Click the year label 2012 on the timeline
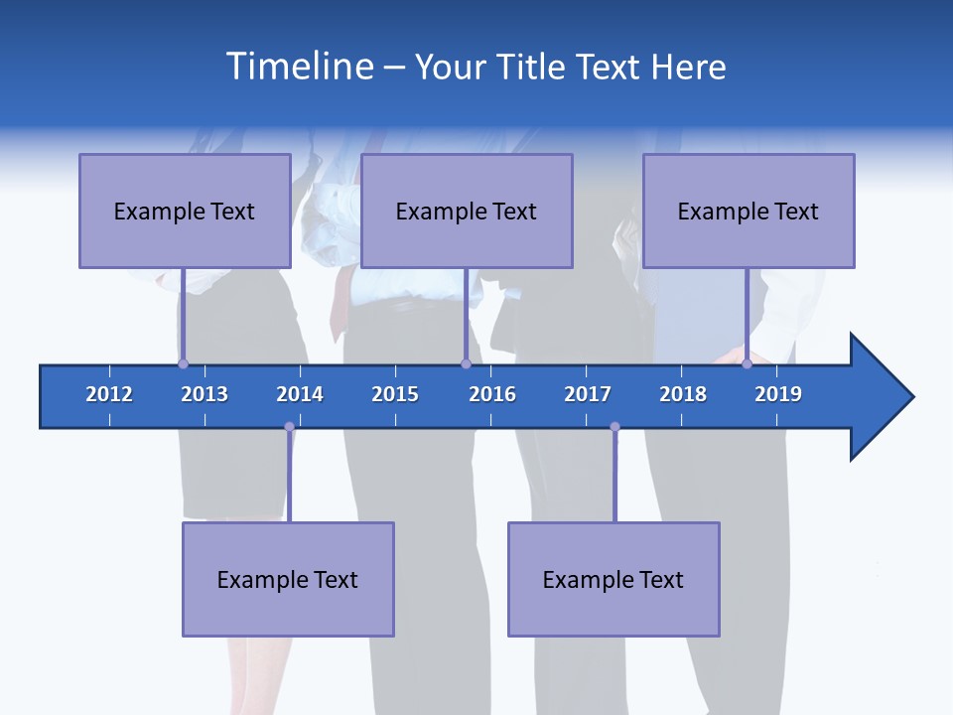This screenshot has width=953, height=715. tap(109, 394)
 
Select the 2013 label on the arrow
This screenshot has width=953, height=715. tap(204, 394)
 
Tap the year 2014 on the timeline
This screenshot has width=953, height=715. tap(300, 394)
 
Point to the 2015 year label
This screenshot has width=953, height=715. tap(395, 394)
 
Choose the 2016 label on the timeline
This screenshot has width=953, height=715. tap(492, 394)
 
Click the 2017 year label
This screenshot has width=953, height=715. tap(588, 394)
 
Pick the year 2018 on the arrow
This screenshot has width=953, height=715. tap(683, 394)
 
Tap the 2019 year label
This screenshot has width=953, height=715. tap(778, 394)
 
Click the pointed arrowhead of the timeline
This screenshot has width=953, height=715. tap(884, 397)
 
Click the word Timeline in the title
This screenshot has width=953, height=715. tap(298, 67)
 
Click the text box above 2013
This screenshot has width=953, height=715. tap(185, 211)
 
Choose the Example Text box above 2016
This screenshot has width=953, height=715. tap(467, 211)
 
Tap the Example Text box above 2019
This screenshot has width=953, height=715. tap(749, 211)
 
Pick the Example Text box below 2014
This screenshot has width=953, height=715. tap(288, 579)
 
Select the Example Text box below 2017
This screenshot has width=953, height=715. tap(613, 579)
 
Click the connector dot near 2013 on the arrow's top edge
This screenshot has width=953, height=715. tap(183, 363)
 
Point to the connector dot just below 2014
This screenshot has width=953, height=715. tap(289, 427)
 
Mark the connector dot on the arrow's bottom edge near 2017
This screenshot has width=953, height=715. tap(614, 427)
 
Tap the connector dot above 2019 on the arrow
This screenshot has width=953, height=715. tap(747, 363)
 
